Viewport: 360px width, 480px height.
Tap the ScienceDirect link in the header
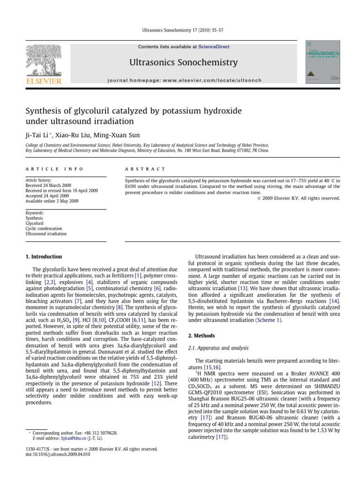pyautogui.click(x=214, y=47)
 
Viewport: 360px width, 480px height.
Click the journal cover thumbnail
pyautogui.click(x=322, y=62)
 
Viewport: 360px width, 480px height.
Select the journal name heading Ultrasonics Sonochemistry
pyautogui.click(x=180, y=62)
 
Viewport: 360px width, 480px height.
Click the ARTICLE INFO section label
pyautogui.click(x=55, y=169)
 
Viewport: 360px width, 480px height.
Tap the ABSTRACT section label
pyautogui.click(x=145, y=169)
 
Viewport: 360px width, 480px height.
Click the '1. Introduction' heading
pyautogui.click(x=44, y=256)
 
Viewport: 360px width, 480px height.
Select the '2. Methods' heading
pyautogui.click(x=202, y=336)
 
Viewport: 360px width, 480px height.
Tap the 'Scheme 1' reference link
pyautogui.click(x=269, y=320)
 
